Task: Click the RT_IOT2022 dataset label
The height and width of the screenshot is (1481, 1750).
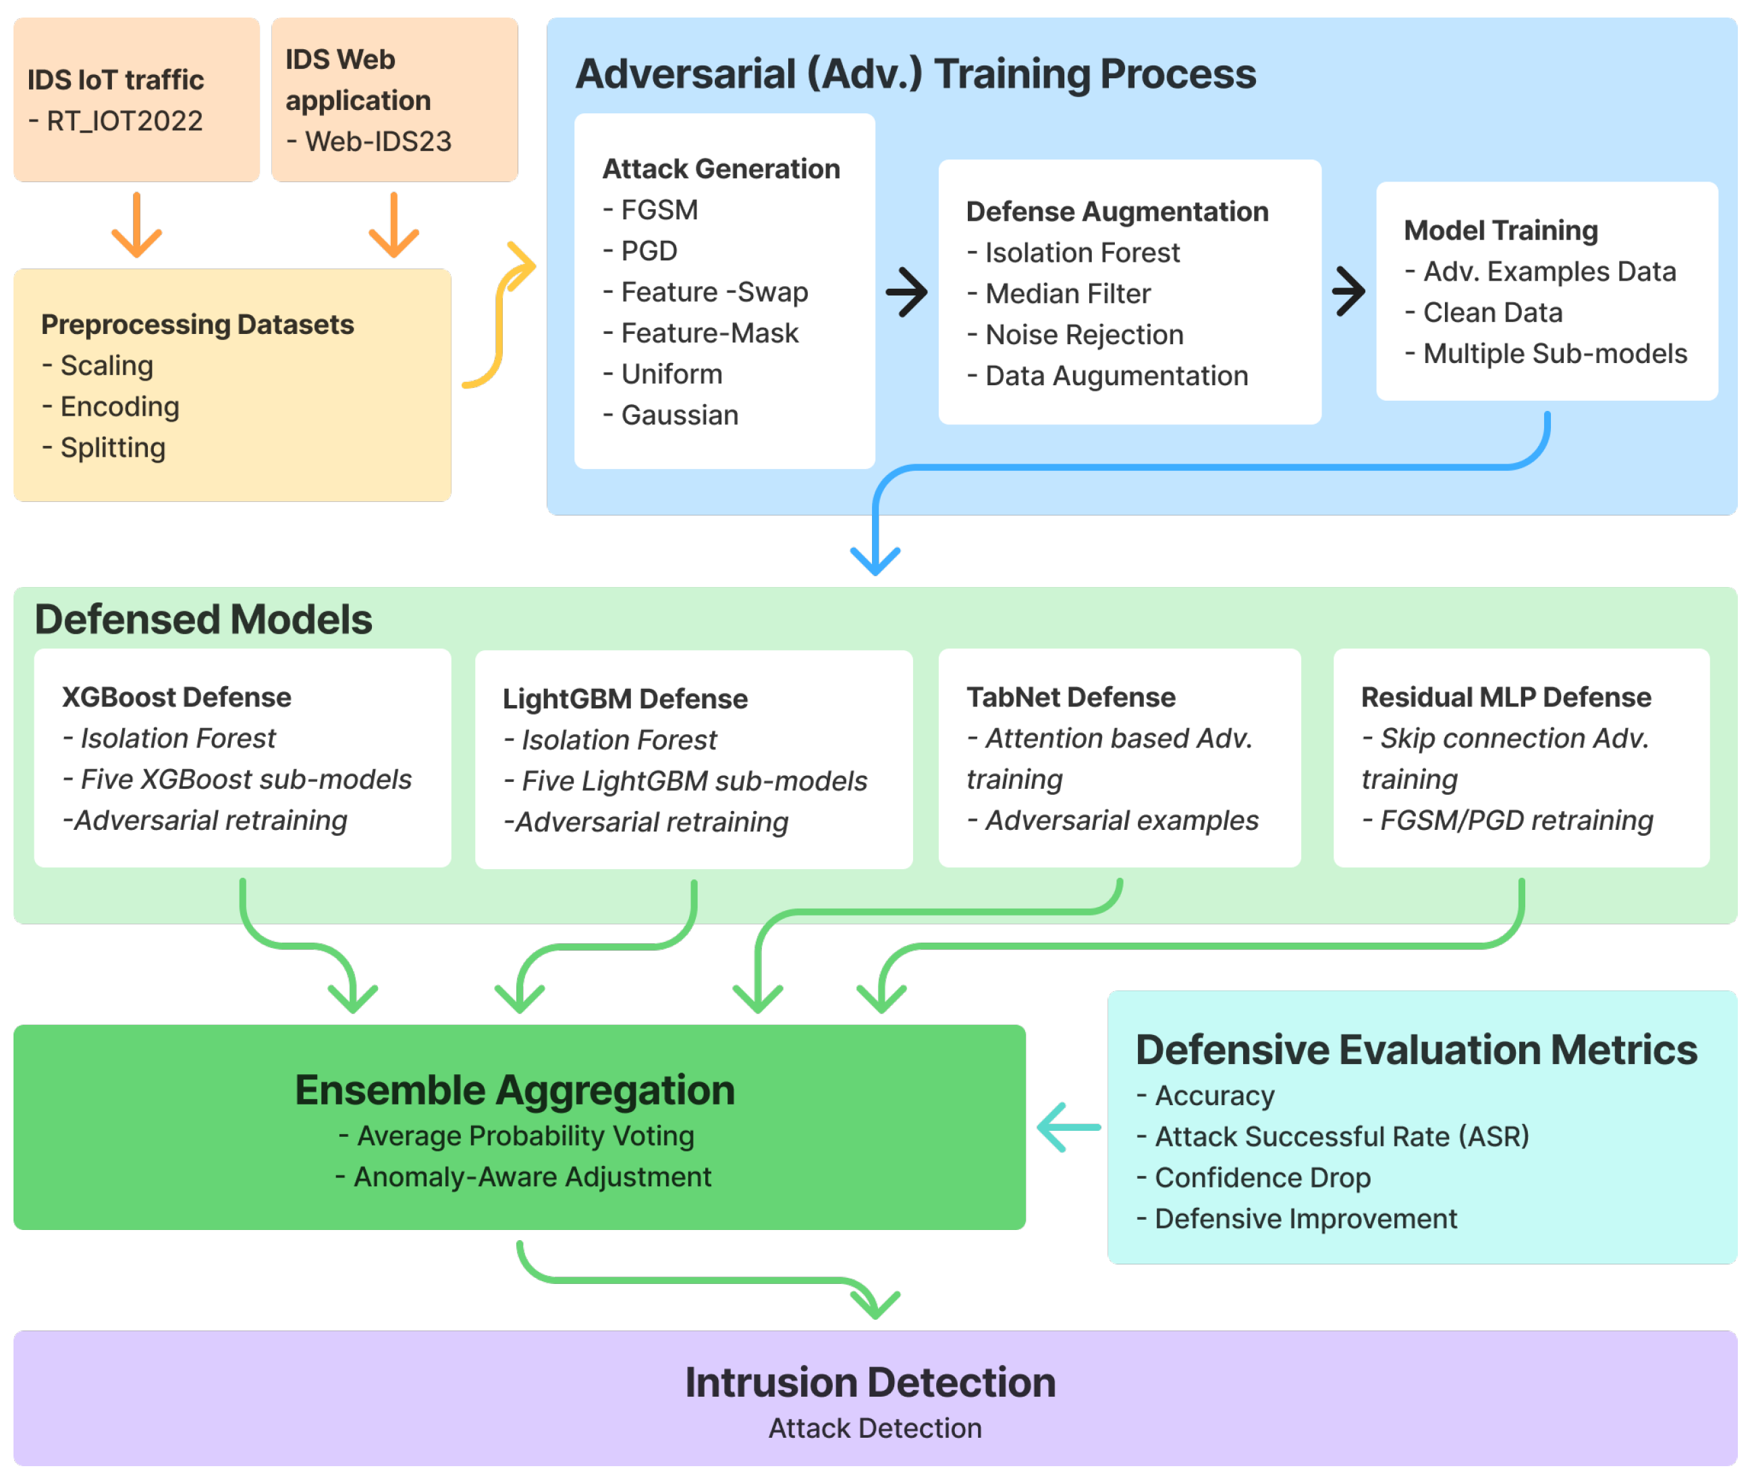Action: point(124,121)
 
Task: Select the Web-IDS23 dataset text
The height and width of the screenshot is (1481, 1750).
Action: point(378,141)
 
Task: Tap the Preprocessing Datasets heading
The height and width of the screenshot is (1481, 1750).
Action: point(197,324)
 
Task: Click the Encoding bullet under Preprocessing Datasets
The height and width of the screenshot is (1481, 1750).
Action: point(119,406)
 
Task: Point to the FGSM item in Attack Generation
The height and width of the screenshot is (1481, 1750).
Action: point(659,210)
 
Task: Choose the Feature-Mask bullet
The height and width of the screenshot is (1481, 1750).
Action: point(709,333)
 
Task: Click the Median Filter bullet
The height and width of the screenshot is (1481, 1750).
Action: point(1067,294)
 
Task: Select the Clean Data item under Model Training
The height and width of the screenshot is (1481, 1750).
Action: point(1492,312)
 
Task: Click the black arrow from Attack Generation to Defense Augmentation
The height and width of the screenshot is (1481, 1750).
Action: point(906,292)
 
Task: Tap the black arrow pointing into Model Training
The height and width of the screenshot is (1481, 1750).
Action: point(1348,292)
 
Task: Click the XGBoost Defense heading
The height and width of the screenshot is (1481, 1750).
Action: point(176,697)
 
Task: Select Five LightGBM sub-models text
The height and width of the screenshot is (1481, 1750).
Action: point(694,781)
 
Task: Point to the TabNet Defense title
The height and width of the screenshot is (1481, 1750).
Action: point(1070,697)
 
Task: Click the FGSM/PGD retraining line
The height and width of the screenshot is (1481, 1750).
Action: point(1516,820)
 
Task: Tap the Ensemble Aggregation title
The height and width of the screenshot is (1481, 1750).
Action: point(515,1090)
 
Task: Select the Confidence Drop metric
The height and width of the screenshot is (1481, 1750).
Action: point(1262,1177)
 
